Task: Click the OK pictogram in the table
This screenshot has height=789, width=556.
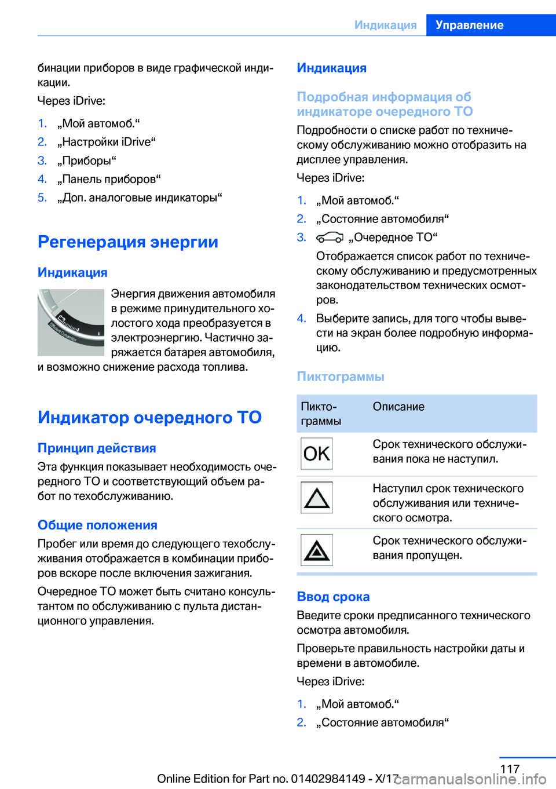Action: click(x=316, y=454)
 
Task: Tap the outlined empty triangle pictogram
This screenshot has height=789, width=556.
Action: click(x=316, y=498)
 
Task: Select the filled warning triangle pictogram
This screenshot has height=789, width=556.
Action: click(x=316, y=550)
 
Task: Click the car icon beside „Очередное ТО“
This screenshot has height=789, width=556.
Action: click(x=330, y=238)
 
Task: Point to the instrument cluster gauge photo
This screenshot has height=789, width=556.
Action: click(x=71, y=322)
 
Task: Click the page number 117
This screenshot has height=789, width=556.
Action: click(x=510, y=769)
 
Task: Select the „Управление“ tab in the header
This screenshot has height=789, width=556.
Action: click(x=470, y=25)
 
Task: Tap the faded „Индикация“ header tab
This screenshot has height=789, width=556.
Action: click(x=385, y=25)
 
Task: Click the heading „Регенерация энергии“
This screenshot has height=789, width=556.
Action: click(x=128, y=242)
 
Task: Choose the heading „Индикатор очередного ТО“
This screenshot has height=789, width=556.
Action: click(x=149, y=417)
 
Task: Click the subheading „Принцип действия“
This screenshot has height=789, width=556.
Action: click(x=97, y=448)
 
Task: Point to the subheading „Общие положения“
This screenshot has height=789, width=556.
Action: click(x=97, y=525)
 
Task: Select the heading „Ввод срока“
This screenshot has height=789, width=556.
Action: click(x=333, y=597)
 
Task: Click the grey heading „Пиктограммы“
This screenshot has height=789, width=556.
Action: click(x=341, y=377)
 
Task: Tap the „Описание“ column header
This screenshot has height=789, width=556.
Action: click(x=398, y=407)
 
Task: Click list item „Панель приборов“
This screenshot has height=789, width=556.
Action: click(x=109, y=179)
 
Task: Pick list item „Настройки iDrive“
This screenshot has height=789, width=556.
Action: click(x=107, y=142)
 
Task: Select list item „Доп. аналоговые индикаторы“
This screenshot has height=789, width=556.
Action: click(x=140, y=198)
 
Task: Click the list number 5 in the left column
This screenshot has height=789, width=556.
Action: click(x=42, y=198)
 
